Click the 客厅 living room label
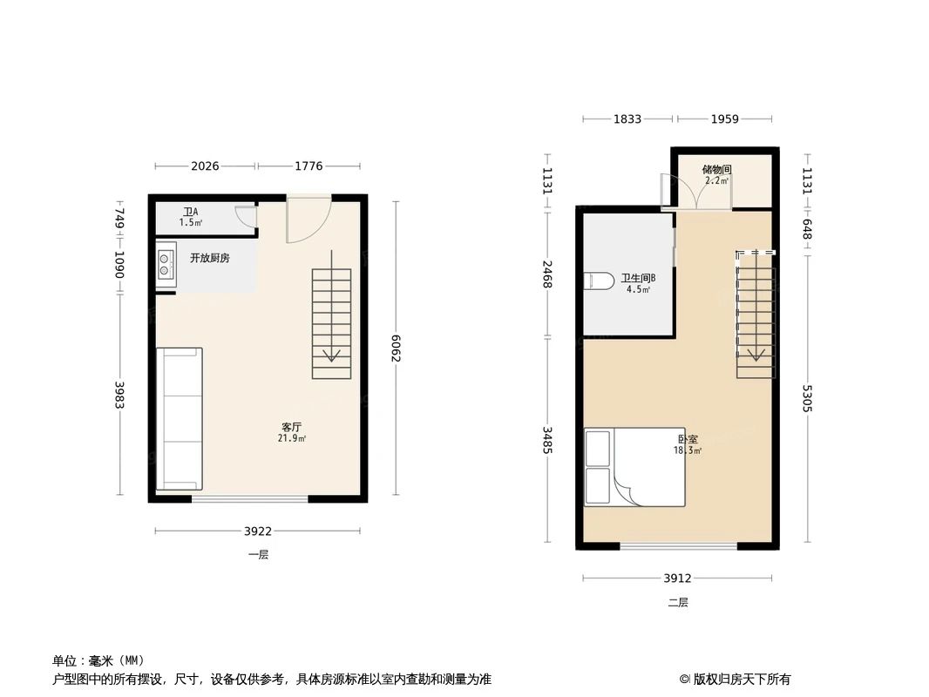point(292,427)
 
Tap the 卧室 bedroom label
point(688,440)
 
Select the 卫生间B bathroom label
point(638,280)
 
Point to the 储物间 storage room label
point(716,170)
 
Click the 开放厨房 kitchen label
point(210,258)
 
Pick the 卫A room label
point(190,212)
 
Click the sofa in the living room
point(180,419)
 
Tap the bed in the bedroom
point(634,467)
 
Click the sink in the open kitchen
point(166,265)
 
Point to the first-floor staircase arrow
point(331,355)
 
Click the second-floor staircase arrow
point(756,354)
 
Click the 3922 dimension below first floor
point(258,531)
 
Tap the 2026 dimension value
point(205,166)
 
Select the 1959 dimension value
point(724,119)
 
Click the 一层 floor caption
point(258,555)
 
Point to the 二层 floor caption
point(678,602)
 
